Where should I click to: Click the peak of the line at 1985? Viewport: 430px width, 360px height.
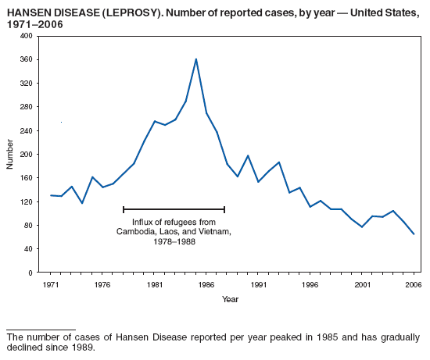coord(196,59)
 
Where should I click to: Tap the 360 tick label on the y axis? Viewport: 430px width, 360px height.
coord(27,59)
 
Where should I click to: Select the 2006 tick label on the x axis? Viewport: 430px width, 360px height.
coord(413,284)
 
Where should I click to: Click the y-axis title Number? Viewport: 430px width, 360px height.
coord(10,155)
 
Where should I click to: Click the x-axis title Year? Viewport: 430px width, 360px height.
coord(230,299)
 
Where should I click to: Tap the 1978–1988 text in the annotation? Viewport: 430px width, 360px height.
coord(174,242)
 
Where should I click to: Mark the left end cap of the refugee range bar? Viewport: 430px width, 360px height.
coord(124,209)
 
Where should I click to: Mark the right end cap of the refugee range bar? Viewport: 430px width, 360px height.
coord(224,209)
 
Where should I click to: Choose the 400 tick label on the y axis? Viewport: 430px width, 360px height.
coord(27,36)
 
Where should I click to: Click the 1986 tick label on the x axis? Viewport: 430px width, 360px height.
coord(206,284)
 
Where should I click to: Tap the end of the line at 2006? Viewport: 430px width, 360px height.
coord(414,234)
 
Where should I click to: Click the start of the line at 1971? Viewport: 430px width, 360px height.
coord(52,195)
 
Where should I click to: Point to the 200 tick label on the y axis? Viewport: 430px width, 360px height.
coord(27,155)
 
